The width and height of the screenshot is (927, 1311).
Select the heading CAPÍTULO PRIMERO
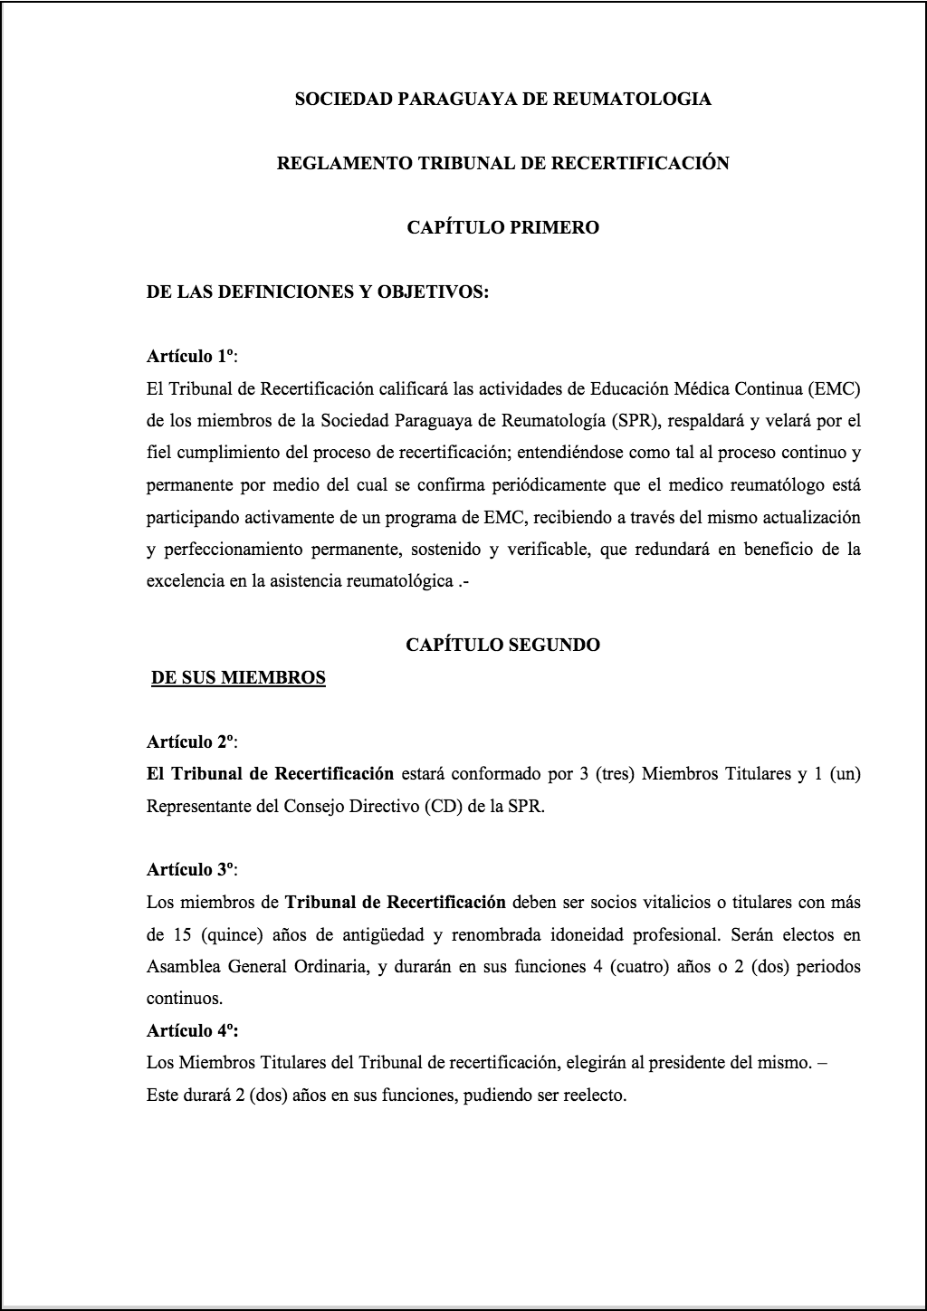pos(502,227)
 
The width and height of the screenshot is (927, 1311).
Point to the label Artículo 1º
pos(191,357)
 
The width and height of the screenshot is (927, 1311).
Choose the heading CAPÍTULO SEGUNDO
pos(502,645)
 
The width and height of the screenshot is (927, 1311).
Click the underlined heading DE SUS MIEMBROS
pos(238,677)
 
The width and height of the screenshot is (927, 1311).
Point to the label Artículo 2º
pos(191,742)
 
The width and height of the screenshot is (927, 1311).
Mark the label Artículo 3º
pos(191,870)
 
